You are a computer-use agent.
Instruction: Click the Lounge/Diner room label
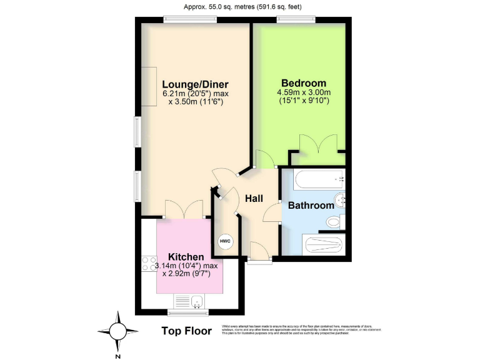(x=196, y=84)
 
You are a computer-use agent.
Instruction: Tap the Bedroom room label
(x=303, y=83)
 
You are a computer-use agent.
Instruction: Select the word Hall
(x=253, y=199)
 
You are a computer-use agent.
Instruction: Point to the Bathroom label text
(x=311, y=206)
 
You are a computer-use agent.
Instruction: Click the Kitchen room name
(x=186, y=257)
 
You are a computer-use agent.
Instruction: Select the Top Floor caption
(x=186, y=331)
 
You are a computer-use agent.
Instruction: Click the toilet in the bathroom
(x=334, y=222)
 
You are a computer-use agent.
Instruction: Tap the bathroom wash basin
(x=339, y=201)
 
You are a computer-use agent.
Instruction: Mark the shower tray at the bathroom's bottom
(x=322, y=244)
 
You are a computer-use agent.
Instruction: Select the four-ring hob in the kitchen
(x=149, y=264)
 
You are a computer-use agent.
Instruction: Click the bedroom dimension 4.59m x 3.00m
(x=303, y=96)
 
